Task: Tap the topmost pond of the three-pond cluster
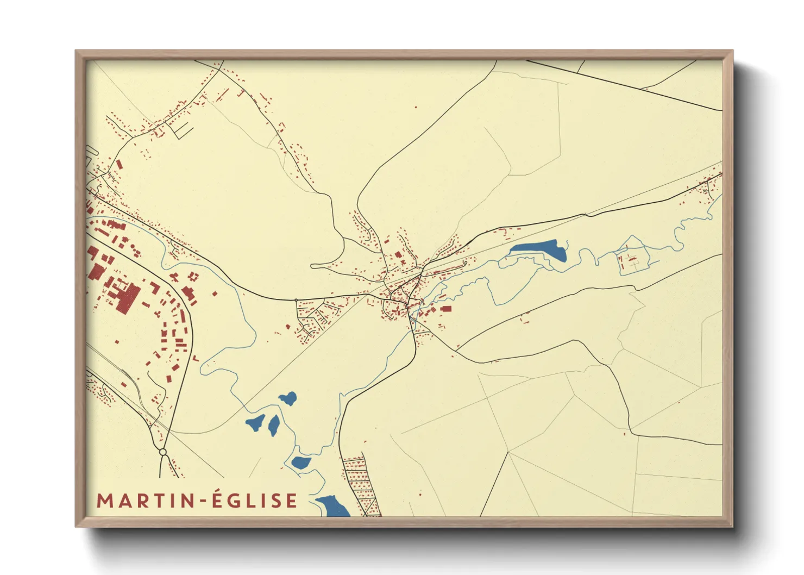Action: (288, 398)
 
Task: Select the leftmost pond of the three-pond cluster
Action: (255, 422)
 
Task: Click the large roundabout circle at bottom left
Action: (162, 452)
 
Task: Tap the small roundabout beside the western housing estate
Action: (296, 300)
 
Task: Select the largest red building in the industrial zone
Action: (127, 297)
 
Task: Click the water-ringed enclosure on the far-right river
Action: (632, 262)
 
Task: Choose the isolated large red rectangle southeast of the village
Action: (446, 309)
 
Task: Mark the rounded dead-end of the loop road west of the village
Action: (313, 266)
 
